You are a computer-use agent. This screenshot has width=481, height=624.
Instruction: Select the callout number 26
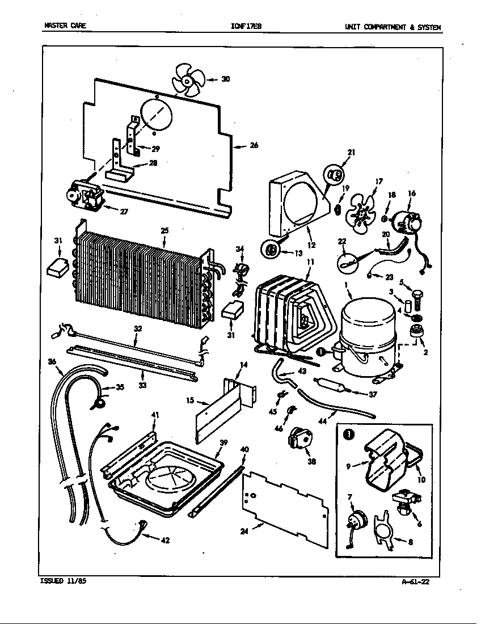pyautogui.click(x=254, y=145)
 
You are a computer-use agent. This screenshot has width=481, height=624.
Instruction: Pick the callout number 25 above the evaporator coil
pyautogui.click(x=164, y=231)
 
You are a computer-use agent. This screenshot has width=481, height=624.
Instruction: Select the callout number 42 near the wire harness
pyautogui.click(x=165, y=541)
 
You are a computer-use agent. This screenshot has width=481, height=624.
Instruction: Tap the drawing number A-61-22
pyautogui.click(x=419, y=581)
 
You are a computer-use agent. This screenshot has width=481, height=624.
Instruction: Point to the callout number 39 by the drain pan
pyautogui.click(x=223, y=442)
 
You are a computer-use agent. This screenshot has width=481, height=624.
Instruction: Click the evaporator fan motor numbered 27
pyautogui.click(x=85, y=198)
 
